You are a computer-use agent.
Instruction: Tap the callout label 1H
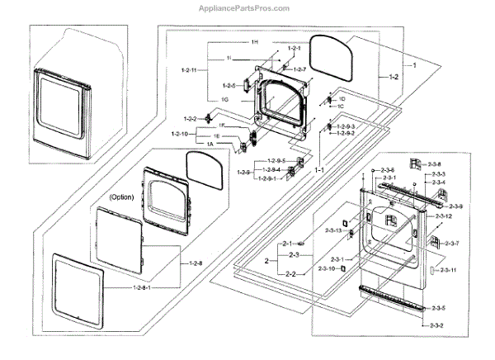click(x=256, y=41)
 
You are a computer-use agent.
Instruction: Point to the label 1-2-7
click(x=299, y=69)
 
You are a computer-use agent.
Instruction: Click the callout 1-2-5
click(x=229, y=85)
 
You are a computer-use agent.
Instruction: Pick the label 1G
click(x=224, y=99)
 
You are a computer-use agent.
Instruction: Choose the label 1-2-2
click(x=190, y=119)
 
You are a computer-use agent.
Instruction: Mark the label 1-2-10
click(x=181, y=134)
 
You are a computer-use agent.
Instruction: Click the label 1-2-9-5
click(x=275, y=159)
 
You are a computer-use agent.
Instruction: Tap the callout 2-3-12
click(x=443, y=216)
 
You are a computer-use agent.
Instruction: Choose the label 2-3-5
click(x=437, y=308)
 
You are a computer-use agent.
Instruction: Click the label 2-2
click(x=290, y=273)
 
